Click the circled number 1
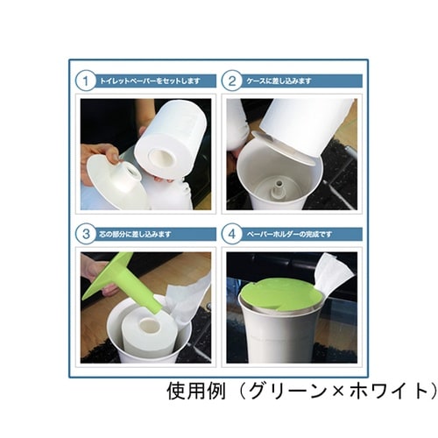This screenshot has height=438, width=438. (87, 81)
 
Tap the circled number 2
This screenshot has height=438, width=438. (232, 81)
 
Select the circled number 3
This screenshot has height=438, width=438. (87, 234)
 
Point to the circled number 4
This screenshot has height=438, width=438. (232, 234)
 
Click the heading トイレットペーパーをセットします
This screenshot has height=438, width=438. (150, 81)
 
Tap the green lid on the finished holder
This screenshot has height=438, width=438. (280, 293)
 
